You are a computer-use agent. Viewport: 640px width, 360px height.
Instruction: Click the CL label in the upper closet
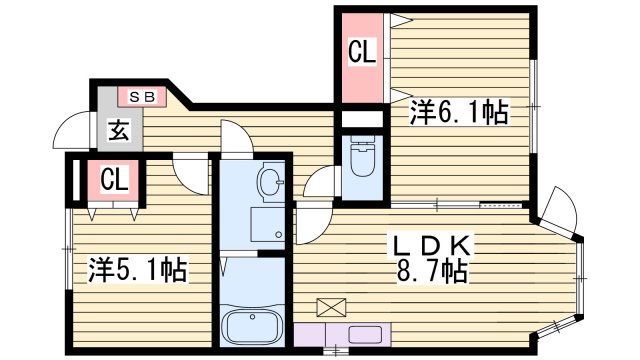click(362, 53)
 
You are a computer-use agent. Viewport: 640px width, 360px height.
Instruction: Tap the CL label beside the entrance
click(115, 181)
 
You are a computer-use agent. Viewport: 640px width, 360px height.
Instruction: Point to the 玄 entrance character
click(118, 129)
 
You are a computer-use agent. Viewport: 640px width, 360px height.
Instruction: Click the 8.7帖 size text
click(432, 270)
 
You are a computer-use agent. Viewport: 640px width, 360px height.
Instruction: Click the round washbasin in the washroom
click(267, 182)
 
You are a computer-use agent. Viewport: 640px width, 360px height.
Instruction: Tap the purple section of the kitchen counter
click(310, 334)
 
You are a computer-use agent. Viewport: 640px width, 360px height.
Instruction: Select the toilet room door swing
click(322, 183)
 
